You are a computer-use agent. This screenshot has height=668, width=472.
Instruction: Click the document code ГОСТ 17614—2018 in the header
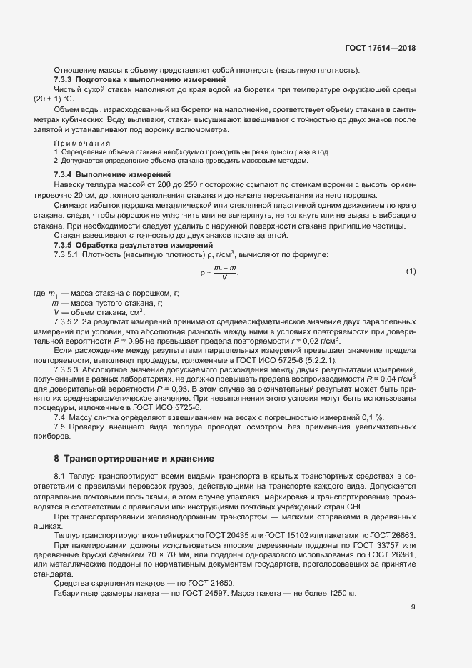380,48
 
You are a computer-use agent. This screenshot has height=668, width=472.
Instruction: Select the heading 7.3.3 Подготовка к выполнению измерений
120,79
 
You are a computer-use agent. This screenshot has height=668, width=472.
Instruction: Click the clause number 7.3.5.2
68,321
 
